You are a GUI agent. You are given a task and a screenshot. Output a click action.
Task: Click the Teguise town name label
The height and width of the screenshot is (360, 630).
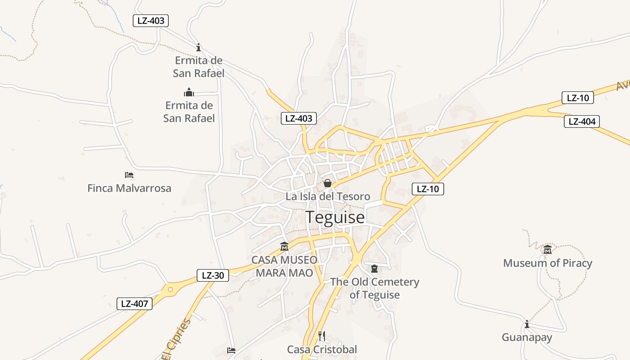click(335, 217)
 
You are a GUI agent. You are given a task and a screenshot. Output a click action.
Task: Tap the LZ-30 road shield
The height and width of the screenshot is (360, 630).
click(213, 275)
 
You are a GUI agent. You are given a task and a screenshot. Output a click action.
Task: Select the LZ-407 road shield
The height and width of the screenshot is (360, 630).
click(135, 304)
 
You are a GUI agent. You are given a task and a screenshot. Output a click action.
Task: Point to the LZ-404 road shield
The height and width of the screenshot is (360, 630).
click(582, 121)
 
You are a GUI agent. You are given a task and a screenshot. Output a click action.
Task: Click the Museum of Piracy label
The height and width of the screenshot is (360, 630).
click(547, 263)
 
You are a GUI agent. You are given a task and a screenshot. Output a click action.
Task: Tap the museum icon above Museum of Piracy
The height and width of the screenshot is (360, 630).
click(548, 249)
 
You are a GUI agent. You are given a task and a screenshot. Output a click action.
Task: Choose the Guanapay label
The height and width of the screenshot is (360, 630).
click(527, 337)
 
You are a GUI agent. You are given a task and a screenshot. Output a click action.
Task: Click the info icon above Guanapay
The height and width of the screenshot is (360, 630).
click(527, 324)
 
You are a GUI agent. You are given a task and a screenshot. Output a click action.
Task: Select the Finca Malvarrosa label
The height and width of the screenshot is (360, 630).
click(129, 188)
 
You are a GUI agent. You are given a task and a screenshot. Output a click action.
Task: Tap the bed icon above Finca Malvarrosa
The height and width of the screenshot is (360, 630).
click(129, 175)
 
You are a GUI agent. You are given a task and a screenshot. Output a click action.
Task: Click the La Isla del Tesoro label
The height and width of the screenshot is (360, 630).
click(328, 197)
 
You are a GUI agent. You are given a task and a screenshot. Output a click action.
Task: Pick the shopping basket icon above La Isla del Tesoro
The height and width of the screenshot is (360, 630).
click(328, 183)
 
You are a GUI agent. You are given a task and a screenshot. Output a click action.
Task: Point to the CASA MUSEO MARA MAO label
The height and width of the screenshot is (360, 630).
click(284, 266)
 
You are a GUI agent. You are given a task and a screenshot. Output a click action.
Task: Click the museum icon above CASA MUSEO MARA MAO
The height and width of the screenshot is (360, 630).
click(284, 247)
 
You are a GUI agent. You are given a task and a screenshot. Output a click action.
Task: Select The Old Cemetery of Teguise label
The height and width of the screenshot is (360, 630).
click(374, 288)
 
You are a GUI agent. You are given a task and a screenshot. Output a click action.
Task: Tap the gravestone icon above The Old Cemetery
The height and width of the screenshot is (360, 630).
click(374, 269)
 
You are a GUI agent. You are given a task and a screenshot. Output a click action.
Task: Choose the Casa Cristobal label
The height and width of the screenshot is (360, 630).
click(322, 350)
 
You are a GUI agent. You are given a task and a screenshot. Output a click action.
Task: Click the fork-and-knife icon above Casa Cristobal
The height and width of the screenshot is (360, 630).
click(322, 336)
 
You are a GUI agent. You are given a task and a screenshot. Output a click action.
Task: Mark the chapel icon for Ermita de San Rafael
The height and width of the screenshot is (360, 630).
click(189, 92)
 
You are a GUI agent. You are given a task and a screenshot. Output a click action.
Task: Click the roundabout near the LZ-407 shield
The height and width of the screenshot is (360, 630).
click(170, 290)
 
